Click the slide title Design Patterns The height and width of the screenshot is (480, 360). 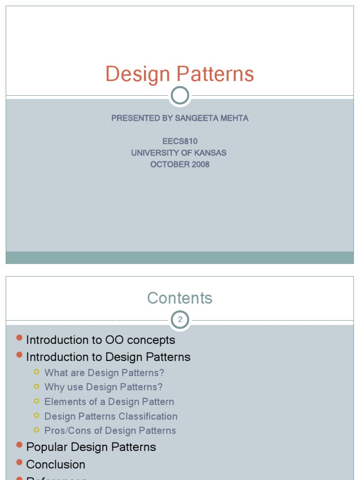click(180, 74)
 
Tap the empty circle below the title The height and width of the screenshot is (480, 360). click(180, 96)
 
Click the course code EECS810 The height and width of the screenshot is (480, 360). click(180, 141)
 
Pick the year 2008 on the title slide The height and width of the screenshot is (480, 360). click(200, 165)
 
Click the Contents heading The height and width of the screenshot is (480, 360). click(180, 298)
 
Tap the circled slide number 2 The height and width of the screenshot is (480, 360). click(180, 320)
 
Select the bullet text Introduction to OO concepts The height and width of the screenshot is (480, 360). click(100, 340)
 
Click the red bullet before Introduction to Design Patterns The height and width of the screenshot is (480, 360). click(19, 355)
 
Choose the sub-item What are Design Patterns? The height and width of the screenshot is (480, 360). click(104, 373)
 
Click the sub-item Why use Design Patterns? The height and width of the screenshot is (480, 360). click(103, 387)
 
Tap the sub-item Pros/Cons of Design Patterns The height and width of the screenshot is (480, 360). click(110, 430)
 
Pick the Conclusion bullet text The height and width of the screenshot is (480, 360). click(55, 465)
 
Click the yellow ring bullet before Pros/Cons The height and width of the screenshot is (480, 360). click(37, 430)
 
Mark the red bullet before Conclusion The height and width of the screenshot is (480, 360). click(19, 462)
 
